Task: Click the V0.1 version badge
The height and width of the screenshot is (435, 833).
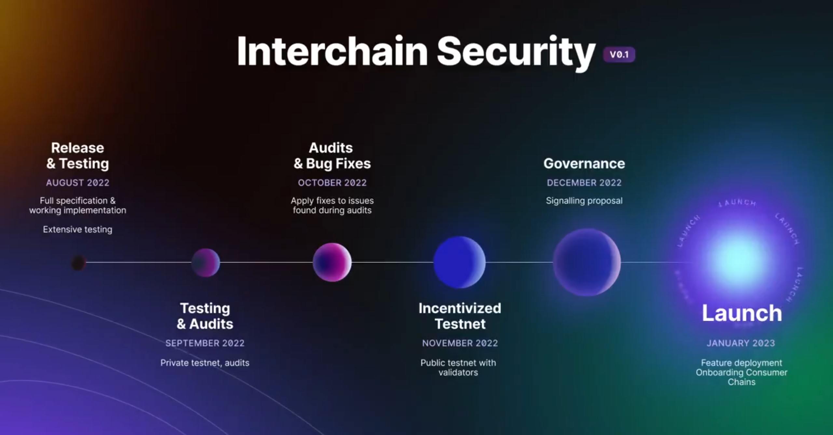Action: tap(619, 54)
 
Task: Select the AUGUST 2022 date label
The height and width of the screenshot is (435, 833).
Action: tap(77, 183)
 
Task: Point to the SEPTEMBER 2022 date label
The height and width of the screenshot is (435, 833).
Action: tap(205, 343)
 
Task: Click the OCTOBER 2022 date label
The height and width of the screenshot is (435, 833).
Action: tap(332, 183)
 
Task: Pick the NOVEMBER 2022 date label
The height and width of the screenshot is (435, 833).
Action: tap(460, 343)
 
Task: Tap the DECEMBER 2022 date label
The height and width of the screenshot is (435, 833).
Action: tap(584, 183)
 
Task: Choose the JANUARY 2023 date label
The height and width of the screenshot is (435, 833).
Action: tap(741, 343)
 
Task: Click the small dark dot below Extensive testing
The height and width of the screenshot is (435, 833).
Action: tap(78, 263)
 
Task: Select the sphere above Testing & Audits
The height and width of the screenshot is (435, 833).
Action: tap(205, 263)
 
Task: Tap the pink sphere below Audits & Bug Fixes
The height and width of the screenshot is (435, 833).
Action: tap(332, 262)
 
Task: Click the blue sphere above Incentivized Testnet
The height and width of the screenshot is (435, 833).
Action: tap(459, 262)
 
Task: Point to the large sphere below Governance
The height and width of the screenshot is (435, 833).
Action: tap(587, 262)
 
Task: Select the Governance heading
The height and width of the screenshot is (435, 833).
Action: tap(584, 163)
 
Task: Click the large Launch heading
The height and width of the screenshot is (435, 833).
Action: tap(742, 313)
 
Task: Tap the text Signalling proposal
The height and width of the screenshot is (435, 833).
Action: tap(584, 201)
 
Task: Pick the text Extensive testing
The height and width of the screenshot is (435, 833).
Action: tap(77, 229)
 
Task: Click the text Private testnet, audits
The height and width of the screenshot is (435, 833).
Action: tap(205, 363)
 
